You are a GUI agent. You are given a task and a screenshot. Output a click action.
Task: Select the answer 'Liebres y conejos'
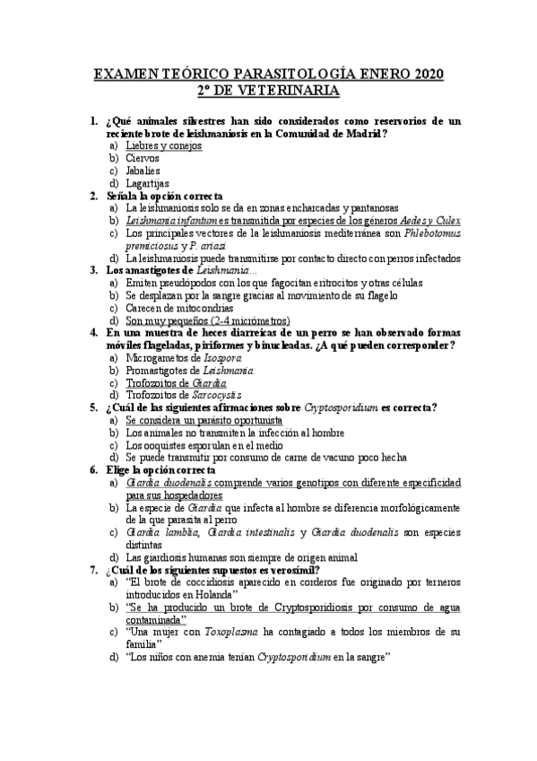pos(164,145)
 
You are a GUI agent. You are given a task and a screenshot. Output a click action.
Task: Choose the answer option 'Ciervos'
pos(143,158)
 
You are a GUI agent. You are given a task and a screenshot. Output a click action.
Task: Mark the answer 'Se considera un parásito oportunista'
pos(204,419)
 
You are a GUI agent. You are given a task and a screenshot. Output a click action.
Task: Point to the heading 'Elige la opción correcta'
pos(160,469)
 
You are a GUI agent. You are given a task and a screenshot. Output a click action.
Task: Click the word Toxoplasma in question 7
pos(223,632)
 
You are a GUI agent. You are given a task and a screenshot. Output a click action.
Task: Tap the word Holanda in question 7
pos(212,594)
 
